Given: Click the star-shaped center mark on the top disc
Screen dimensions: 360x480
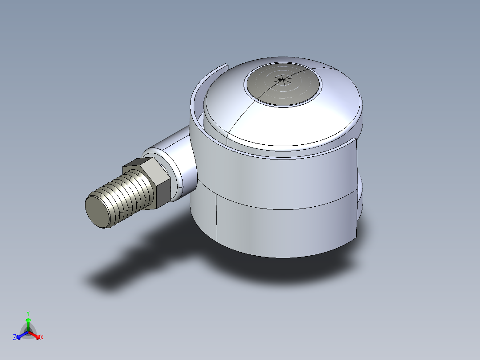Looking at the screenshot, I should [x=282, y=80].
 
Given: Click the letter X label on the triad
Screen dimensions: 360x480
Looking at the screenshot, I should [x=42, y=338].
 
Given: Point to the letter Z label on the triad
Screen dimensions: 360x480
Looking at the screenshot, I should [x=15, y=338].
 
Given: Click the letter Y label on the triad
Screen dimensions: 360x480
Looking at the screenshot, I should [x=28, y=313].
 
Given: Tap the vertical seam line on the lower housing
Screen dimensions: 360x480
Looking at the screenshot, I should [x=216, y=218].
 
